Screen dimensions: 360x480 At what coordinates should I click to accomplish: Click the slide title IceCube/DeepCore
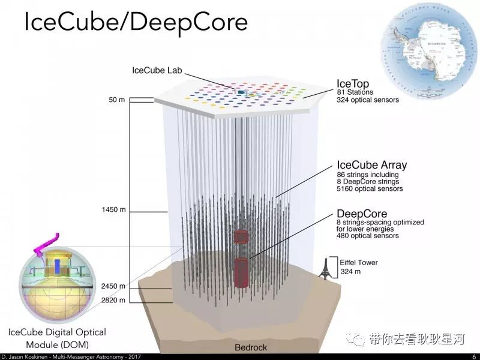[x=135, y=22]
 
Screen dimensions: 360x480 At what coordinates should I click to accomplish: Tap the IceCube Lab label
[x=157, y=70]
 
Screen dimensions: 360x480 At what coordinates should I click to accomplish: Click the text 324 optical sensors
[x=368, y=100]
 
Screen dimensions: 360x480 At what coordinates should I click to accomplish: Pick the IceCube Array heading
[x=372, y=165]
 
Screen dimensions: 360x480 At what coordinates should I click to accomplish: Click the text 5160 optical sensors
[x=370, y=188]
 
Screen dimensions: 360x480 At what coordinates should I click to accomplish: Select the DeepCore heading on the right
[x=362, y=213]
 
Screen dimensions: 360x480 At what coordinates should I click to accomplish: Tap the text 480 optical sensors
[x=368, y=236]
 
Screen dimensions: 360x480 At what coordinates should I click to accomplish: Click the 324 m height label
[x=352, y=272]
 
